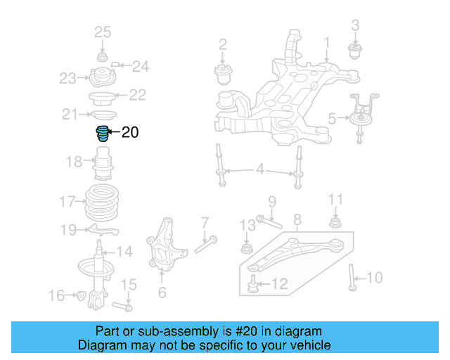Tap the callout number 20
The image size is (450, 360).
pos(130,132)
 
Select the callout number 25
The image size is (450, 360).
pos(103,32)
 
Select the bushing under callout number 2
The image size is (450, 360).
pos(223,72)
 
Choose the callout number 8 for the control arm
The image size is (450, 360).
pos(297,219)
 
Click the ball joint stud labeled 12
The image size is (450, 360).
pos(253,283)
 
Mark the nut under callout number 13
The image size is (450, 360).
pos(246,248)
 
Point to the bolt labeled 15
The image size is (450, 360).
pos(126,307)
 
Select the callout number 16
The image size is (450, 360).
pos(56,295)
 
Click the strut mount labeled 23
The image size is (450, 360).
pos(102,77)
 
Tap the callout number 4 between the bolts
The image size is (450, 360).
pos(259,169)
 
